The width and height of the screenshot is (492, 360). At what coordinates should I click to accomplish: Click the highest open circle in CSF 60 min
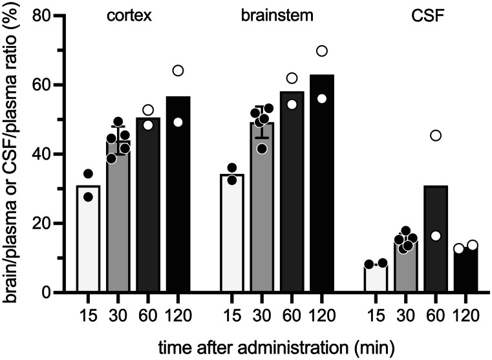(x=436, y=135)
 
